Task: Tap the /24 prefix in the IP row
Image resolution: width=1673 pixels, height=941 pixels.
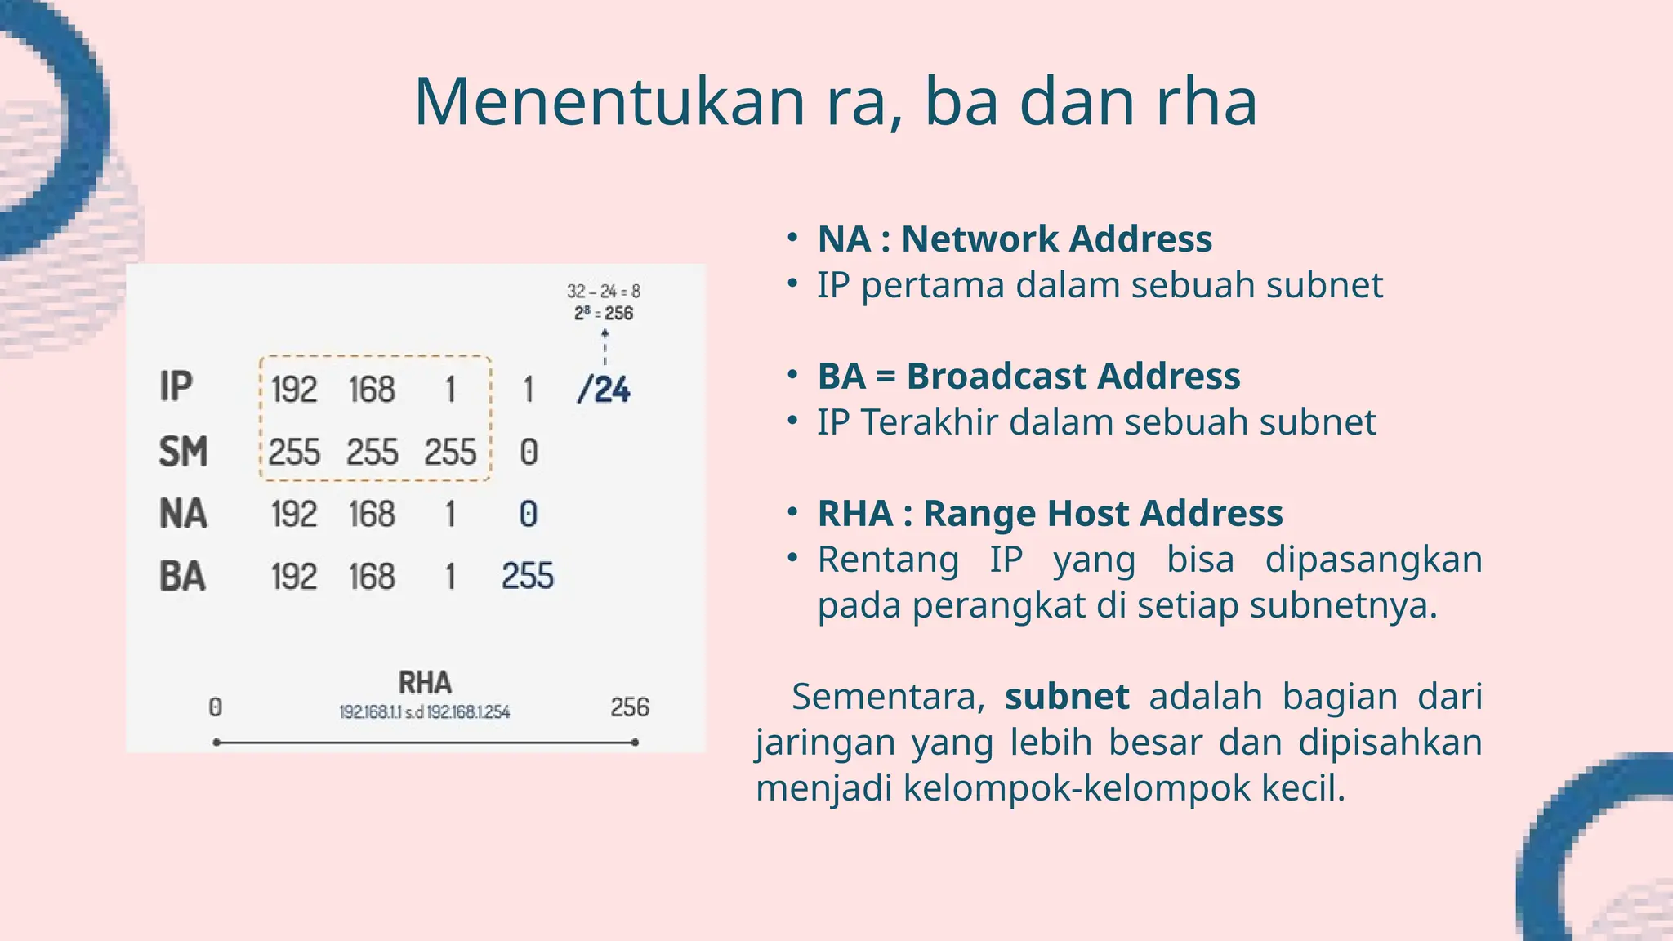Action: [604, 390]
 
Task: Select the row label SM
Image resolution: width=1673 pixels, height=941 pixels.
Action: [183, 452]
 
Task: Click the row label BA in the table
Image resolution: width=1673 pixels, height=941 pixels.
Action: [182, 577]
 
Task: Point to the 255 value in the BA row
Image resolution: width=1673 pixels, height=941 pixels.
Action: [528, 577]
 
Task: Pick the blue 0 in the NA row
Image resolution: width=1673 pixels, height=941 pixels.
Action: [528, 515]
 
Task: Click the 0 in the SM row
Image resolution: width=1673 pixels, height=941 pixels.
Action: [529, 453]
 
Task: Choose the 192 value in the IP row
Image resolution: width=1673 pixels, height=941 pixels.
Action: [293, 390]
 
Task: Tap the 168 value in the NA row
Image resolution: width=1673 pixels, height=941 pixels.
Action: [372, 515]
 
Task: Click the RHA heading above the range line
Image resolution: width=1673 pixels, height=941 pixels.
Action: [425, 683]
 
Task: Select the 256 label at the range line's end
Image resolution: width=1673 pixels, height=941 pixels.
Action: [630, 707]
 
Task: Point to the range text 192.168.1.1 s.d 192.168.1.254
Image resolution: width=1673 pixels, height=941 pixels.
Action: [425, 712]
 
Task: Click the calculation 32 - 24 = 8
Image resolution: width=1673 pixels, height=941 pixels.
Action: [604, 291]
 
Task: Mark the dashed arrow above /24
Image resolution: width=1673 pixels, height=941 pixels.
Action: [605, 346]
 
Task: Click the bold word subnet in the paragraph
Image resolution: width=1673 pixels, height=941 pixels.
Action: [1067, 697]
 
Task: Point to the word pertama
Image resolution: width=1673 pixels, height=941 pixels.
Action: [932, 285]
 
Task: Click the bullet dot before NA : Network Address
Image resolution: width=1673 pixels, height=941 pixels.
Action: [792, 239]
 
